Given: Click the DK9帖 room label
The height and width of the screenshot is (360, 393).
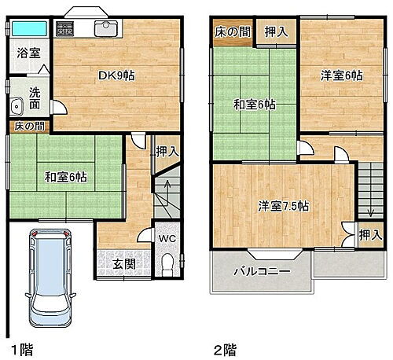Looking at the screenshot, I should pyautogui.click(x=116, y=76).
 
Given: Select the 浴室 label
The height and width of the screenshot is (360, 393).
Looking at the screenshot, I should pyautogui.click(x=30, y=57).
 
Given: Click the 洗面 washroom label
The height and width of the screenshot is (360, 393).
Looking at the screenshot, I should pyautogui.click(x=35, y=97).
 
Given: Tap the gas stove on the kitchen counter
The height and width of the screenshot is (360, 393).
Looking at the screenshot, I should pyautogui.click(x=65, y=31).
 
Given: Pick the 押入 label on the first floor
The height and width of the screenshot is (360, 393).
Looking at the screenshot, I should pyautogui.click(x=165, y=152).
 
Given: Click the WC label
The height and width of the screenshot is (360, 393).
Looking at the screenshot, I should pyautogui.click(x=167, y=237).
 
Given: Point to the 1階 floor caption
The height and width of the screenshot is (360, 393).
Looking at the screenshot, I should pyautogui.click(x=21, y=347).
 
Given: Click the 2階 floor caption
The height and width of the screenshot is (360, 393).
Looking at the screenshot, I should pyautogui.click(x=224, y=347).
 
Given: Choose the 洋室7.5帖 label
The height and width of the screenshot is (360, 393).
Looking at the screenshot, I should pyautogui.click(x=284, y=207).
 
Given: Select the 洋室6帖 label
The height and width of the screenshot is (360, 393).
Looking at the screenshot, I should pyautogui.click(x=340, y=76).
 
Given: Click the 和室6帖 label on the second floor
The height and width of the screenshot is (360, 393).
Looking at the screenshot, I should pyautogui.click(x=252, y=104).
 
